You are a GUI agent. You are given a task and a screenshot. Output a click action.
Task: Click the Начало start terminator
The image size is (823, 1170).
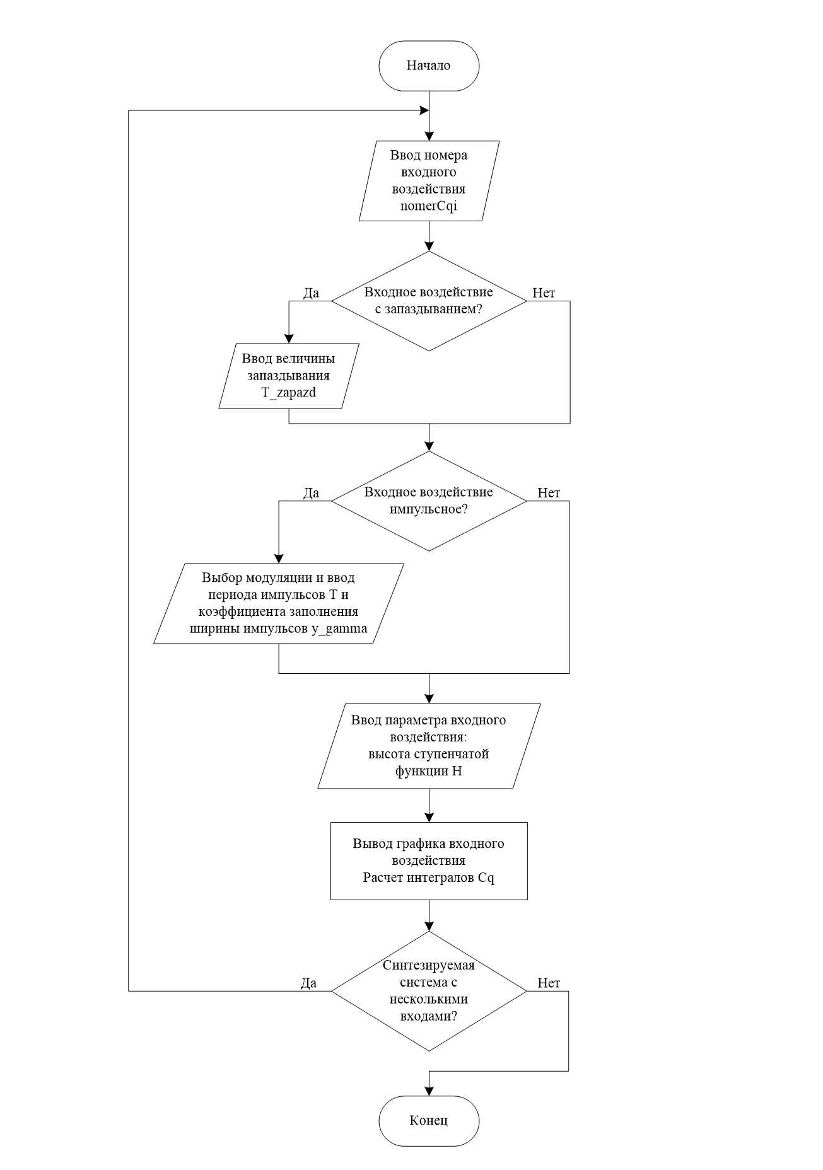click(429, 66)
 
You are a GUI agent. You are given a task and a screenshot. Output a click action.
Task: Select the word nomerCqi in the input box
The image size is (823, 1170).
click(429, 206)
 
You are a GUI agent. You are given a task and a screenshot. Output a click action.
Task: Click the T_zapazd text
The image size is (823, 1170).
click(288, 391)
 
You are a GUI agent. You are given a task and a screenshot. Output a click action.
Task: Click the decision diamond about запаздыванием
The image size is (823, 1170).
click(429, 301)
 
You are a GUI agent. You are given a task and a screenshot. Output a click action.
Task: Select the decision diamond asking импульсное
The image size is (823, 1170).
click(429, 501)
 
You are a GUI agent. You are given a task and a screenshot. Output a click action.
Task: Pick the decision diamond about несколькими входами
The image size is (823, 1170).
click(429, 992)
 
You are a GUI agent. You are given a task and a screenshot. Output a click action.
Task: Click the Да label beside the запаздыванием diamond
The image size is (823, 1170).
click(311, 292)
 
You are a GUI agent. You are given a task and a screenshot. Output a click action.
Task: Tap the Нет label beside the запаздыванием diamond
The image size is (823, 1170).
click(544, 292)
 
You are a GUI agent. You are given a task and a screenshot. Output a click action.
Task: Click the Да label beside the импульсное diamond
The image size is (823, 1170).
click(311, 493)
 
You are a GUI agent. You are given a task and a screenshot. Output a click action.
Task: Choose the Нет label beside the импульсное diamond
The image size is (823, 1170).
click(549, 493)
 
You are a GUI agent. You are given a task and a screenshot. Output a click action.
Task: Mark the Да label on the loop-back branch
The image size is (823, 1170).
click(309, 983)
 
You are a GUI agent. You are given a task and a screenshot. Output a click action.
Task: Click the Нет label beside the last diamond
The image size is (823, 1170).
click(549, 983)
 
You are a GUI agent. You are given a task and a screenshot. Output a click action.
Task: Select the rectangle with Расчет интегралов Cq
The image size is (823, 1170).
click(429, 860)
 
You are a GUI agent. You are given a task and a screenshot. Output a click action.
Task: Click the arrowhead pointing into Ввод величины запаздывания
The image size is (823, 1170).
click(289, 337)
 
